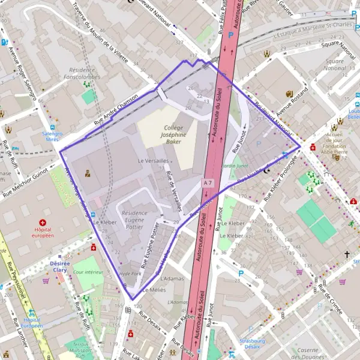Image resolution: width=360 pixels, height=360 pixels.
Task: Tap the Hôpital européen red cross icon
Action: click(x=43, y=223)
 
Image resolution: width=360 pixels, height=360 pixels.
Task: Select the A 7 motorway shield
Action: click(x=208, y=182)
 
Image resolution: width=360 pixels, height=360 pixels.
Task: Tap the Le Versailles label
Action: click(x=154, y=161)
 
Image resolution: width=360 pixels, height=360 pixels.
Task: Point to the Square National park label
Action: click(x=334, y=65)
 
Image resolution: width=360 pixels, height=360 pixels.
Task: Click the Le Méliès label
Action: click(x=154, y=289)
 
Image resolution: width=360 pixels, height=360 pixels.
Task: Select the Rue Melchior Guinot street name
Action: click(x=25, y=182)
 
